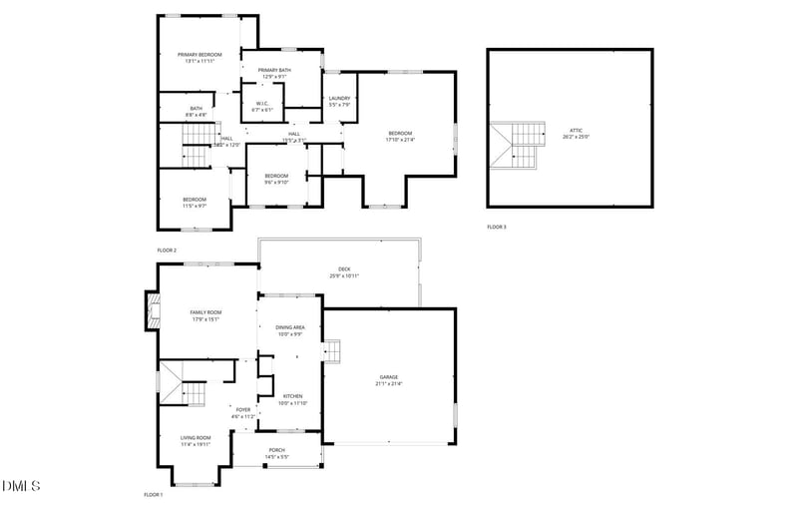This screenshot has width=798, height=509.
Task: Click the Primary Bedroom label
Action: (x=199, y=54)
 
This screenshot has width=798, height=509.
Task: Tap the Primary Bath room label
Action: (x=274, y=70)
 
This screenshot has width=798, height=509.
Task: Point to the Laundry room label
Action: (x=340, y=98)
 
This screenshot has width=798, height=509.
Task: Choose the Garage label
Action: (x=389, y=377)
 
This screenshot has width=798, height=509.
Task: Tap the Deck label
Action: (x=344, y=268)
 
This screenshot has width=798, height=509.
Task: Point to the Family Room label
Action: (x=206, y=312)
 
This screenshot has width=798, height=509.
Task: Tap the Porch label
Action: (x=276, y=450)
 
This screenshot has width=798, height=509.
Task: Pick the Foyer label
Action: (x=242, y=409)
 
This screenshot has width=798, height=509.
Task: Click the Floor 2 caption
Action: (x=167, y=250)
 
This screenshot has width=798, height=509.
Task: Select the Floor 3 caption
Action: (x=497, y=228)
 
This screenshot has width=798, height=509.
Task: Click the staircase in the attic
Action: (x=521, y=146)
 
